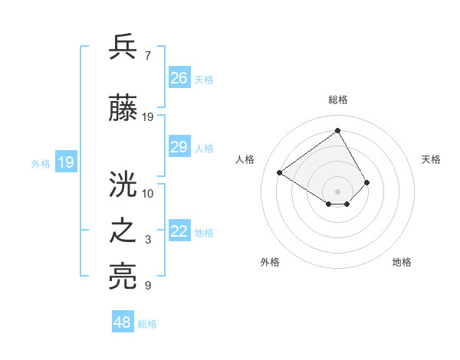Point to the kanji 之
[x=124, y=231]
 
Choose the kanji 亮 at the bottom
[x=124, y=277]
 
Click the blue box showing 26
[x=179, y=77]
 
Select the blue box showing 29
[x=179, y=147]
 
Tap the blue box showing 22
[x=179, y=231]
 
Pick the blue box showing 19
[x=65, y=162]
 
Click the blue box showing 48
[x=123, y=322]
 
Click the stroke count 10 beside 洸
[x=148, y=193]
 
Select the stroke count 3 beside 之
[x=147, y=241]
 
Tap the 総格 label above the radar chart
[x=337, y=100]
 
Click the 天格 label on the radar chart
[x=432, y=159]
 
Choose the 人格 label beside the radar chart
[x=245, y=159]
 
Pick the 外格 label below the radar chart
[x=270, y=262]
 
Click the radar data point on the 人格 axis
[x=280, y=172]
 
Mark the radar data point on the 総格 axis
[x=337, y=130]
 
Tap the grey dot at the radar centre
[x=337, y=191]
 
